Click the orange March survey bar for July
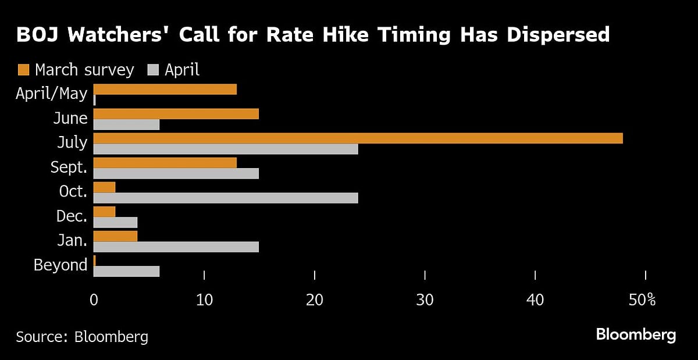(358, 138)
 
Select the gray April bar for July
(226, 149)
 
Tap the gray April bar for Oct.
(226, 198)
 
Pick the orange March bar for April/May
(165, 89)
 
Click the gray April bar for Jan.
(176, 247)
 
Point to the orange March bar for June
(176, 114)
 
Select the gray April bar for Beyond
(126, 272)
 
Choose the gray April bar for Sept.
(176, 174)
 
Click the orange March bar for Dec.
(105, 212)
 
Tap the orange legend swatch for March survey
(24, 70)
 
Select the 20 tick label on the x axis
(314, 301)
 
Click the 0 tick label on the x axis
(94, 301)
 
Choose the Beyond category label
(60, 265)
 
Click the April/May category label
(52, 93)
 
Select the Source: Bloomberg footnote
(82, 336)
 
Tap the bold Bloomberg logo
(636, 334)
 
